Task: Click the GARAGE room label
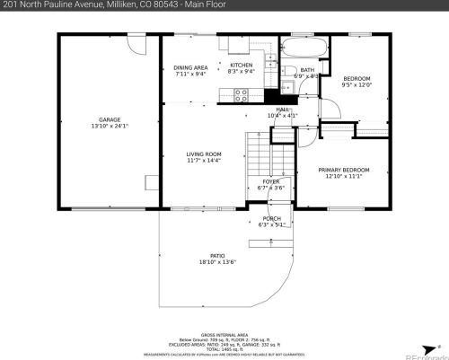110,119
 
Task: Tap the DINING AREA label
190,67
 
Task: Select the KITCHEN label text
242,66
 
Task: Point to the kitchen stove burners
242,93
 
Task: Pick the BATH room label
307,70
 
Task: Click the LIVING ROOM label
204,154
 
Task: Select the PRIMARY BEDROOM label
344,170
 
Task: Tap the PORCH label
271,218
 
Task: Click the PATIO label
217,255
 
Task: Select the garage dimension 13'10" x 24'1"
110,126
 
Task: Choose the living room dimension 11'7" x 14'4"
204,161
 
